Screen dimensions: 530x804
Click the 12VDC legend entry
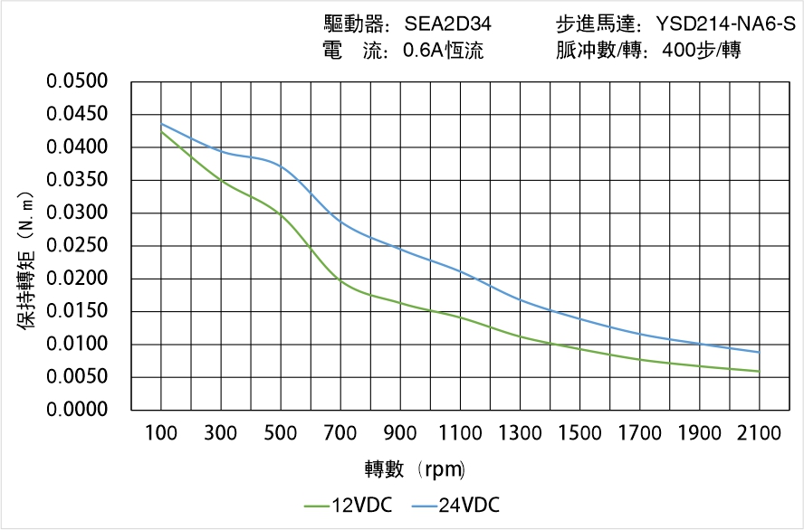coord(349,506)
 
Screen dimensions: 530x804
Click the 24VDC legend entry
coord(455,506)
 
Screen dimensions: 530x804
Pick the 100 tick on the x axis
coord(161,433)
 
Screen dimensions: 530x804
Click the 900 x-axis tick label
coord(400,433)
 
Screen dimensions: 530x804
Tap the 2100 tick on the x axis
coord(759,433)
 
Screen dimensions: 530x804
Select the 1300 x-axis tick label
coord(520,433)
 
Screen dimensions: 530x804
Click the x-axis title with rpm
coord(415,469)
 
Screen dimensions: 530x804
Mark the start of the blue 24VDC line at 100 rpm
coord(161,124)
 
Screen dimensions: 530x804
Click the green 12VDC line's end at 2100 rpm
coord(759,371)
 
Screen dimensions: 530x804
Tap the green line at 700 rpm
coord(340,281)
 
